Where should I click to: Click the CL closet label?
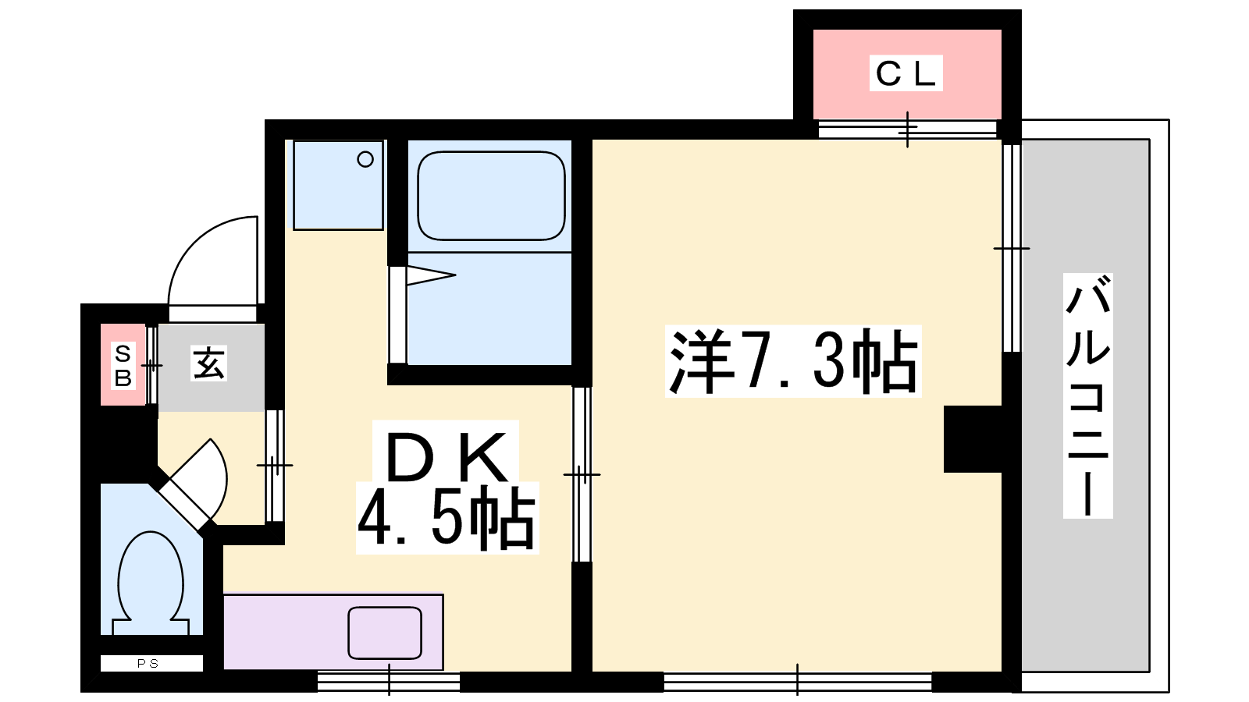tap(906, 73)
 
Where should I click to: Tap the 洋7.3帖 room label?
tap(793, 362)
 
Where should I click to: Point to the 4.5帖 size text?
tap(447, 518)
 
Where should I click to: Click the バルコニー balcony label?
tap(1088, 395)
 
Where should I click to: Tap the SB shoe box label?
tap(123, 366)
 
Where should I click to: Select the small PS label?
tap(148, 664)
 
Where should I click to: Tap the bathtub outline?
tap(491, 196)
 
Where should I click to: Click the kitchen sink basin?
tap(385, 633)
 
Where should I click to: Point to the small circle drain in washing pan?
tap(365, 159)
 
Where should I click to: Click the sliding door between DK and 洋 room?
tap(582, 474)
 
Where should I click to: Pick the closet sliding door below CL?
tap(907, 129)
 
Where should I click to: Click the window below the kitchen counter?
tap(389, 682)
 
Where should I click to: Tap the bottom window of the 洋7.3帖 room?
tap(797, 682)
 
